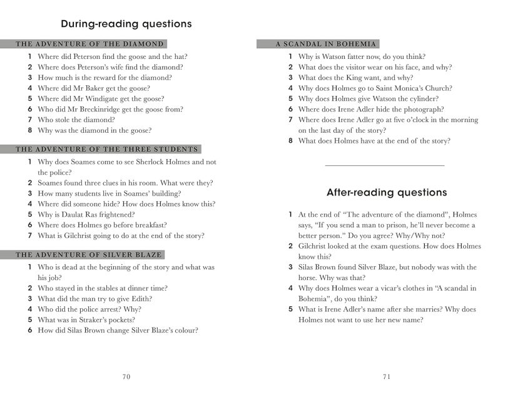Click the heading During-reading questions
pos(126,24)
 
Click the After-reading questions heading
pos(387,192)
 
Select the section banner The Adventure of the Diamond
pos(89,44)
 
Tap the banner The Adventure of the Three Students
pos(106,149)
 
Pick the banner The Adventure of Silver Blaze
pos(89,255)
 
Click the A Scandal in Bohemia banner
pos(327,44)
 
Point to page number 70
pos(126,376)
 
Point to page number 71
pos(386,376)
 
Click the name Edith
pos(141,299)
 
